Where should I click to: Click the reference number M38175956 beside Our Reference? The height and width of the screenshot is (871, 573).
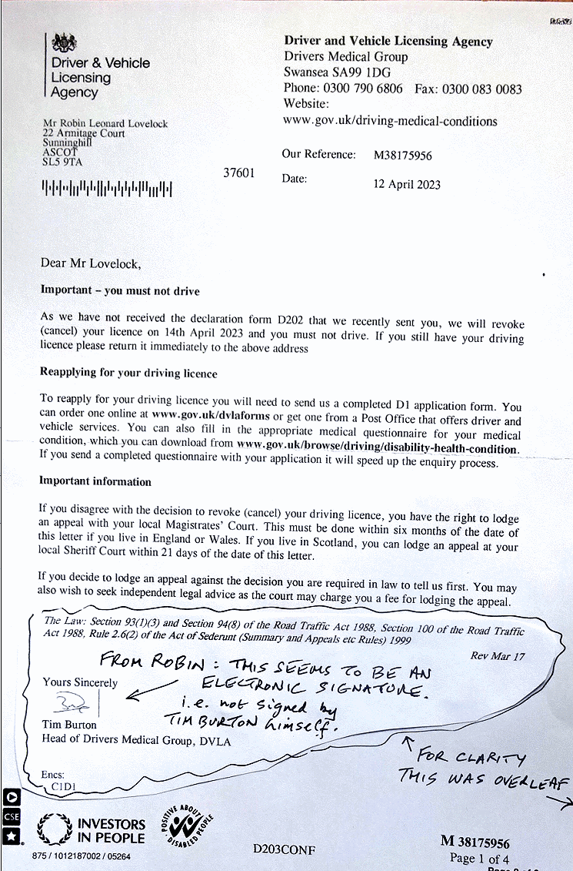click(x=402, y=155)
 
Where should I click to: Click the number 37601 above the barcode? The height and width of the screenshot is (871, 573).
click(x=238, y=173)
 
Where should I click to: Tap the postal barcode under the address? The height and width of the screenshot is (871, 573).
click(x=106, y=187)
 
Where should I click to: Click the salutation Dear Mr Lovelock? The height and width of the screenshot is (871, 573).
click(x=91, y=263)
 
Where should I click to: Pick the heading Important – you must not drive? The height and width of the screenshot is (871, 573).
click(x=119, y=291)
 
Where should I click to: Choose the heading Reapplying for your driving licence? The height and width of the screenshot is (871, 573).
click(x=128, y=374)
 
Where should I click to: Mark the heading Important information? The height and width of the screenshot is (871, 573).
click(x=95, y=481)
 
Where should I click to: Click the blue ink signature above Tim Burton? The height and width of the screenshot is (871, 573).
click(x=73, y=703)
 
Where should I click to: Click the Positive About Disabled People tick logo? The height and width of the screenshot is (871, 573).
click(x=182, y=825)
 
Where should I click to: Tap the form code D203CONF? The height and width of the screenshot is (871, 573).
click(x=284, y=849)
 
